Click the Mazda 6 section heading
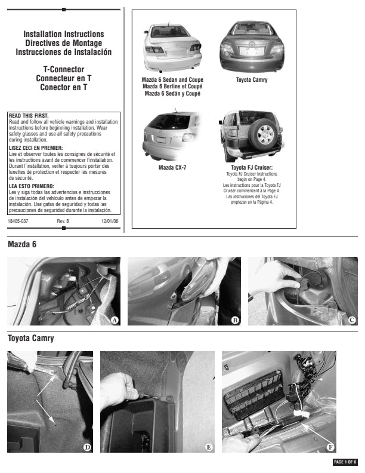[x=22, y=245]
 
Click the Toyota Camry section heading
[x=30, y=339]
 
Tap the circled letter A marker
[x=115, y=320]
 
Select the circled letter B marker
[x=235, y=320]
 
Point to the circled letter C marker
[x=352, y=320]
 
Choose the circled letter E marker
[x=209, y=447]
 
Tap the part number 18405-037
[x=18, y=222]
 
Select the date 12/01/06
[x=110, y=222]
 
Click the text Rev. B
[x=63, y=222]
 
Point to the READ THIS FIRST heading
[x=29, y=116]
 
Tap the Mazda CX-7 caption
[x=172, y=168]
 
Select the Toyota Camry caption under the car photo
[x=252, y=79]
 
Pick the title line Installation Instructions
[x=63, y=35]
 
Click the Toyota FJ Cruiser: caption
[x=252, y=168]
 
